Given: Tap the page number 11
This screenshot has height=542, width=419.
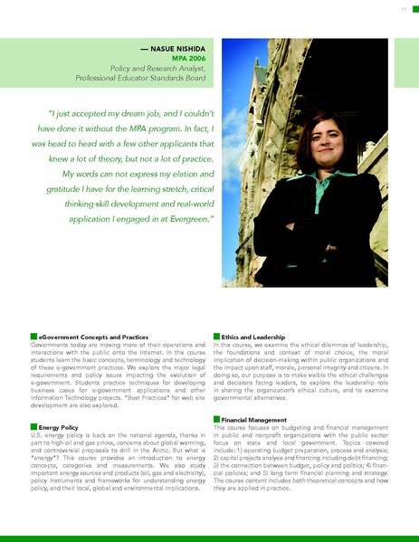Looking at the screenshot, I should [402, 9].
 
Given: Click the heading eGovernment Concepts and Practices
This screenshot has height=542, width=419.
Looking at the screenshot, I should [90, 338].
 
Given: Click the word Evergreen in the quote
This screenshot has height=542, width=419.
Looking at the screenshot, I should [186, 219].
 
